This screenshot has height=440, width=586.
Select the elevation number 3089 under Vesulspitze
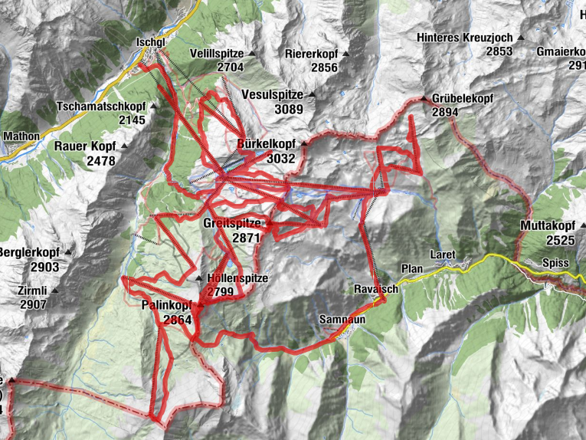click(290, 109)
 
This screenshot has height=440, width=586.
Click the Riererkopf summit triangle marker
click(345, 54)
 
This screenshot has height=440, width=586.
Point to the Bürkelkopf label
click(266, 143)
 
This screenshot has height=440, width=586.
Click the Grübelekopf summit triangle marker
click(423, 99)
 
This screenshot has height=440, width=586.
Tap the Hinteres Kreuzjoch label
click(465, 37)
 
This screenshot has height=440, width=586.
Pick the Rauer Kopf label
click(84, 146)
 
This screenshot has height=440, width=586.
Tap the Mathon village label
click(21, 136)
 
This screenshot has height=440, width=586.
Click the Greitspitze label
click(233, 223)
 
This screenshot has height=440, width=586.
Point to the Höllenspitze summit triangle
click(199, 278)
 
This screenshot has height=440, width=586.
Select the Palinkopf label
click(166, 305)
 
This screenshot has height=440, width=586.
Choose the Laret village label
click(443, 254)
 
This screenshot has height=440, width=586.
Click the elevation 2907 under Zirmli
click(33, 304)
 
